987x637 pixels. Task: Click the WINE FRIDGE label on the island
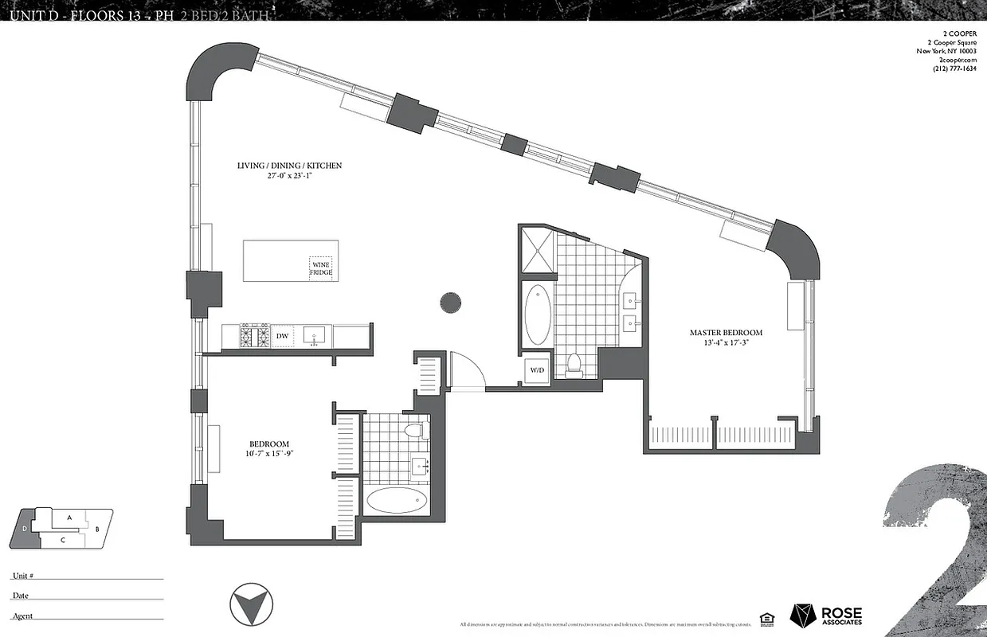click(x=321, y=268)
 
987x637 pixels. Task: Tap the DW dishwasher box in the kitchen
click(x=282, y=337)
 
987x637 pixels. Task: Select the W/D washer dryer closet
click(x=536, y=370)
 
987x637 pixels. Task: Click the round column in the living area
click(x=450, y=302)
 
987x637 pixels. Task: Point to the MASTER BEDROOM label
click(x=726, y=333)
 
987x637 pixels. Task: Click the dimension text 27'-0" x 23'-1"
click(x=289, y=177)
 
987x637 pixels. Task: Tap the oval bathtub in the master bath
click(x=538, y=313)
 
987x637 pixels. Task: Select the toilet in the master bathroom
click(x=574, y=365)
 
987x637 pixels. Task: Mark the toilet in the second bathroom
click(x=414, y=431)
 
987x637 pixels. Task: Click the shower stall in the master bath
click(x=536, y=249)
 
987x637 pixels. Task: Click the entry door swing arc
click(x=467, y=369)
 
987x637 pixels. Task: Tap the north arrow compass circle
click(x=249, y=606)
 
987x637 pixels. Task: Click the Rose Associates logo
click(x=825, y=615)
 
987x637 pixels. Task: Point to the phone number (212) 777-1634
click(x=954, y=68)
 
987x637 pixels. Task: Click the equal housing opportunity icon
click(x=767, y=618)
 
